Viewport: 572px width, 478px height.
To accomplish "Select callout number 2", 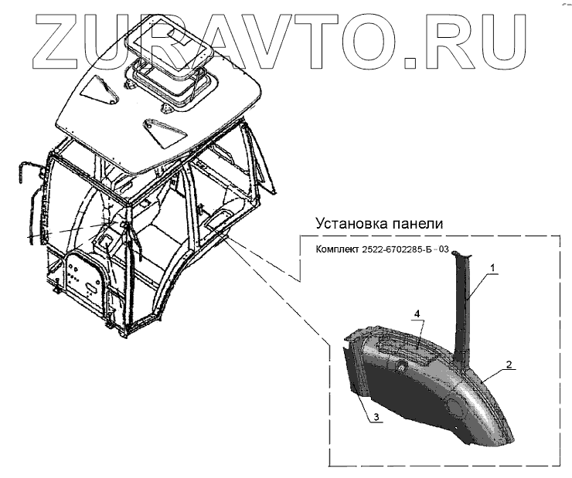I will tap(508, 364).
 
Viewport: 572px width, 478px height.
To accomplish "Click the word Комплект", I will tap(338, 250).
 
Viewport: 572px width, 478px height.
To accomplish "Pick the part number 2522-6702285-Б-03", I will tap(404, 250).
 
